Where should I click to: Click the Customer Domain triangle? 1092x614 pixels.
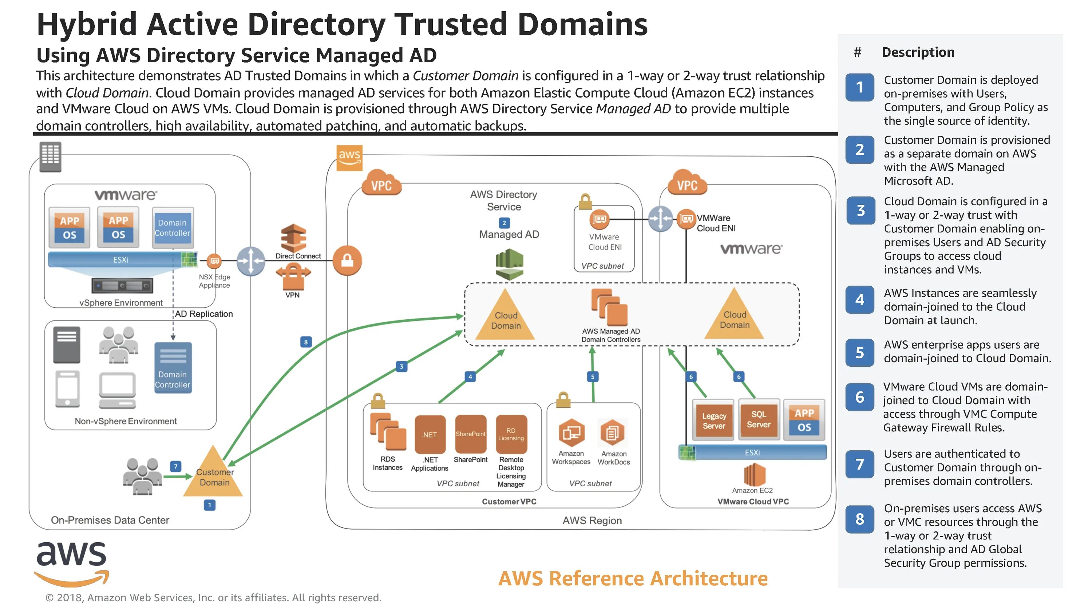click(x=213, y=475)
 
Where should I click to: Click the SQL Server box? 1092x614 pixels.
click(x=758, y=419)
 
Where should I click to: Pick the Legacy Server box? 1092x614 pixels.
click(x=714, y=419)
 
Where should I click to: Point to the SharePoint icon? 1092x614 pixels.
click(x=471, y=434)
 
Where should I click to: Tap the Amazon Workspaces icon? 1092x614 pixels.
click(x=571, y=432)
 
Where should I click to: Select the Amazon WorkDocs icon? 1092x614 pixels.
click(x=613, y=432)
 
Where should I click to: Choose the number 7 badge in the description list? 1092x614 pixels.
click(x=860, y=464)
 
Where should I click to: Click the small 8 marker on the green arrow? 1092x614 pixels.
click(x=306, y=342)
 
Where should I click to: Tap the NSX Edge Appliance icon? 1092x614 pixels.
click(x=214, y=260)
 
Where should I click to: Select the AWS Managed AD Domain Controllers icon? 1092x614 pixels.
click(x=610, y=306)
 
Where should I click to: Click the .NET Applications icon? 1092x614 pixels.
click(x=430, y=434)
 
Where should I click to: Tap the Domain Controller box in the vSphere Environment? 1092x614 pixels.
click(x=173, y=228)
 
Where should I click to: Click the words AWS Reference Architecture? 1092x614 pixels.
click(x=633, y=578)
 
